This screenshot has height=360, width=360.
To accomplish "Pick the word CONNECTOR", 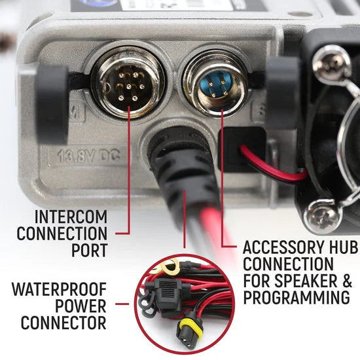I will [x=63, y=322].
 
